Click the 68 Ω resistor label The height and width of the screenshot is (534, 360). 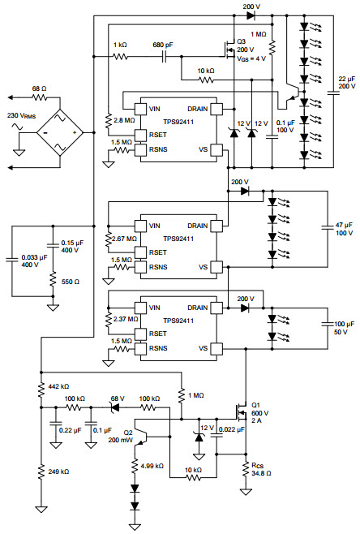[x=39, y=89]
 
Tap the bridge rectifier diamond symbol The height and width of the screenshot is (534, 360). [x=60, y=132]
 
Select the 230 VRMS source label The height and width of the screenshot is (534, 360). [x=21, y=116]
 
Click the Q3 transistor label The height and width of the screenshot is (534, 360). [x=241, y=41]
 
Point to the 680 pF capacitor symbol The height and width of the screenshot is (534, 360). [x=164, y=57]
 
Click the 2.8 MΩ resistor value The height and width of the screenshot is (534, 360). [x=125, y=120]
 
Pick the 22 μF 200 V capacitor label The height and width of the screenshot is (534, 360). [x=347, y=83]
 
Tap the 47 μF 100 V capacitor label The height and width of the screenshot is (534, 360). [x=344, y=229]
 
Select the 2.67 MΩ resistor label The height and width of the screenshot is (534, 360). [x=125, y=239]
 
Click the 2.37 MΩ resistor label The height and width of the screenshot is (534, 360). [x=126, y=319]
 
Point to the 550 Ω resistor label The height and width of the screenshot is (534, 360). [x=71, y=282]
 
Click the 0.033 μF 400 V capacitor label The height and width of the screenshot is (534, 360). [x=34, y=261]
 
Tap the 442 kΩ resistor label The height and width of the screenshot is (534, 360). [x=58, y=386]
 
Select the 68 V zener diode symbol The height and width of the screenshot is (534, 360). [x=115, y=407]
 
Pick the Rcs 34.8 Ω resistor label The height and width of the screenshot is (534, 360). [x=261, y=469]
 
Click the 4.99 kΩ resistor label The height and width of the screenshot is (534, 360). [x=152, y=466]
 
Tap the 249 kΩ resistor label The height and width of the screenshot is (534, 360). [x=58, y=472]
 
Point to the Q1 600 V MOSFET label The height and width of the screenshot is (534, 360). [x=259, y=413]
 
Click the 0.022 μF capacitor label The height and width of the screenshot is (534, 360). [x=232, y=429]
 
